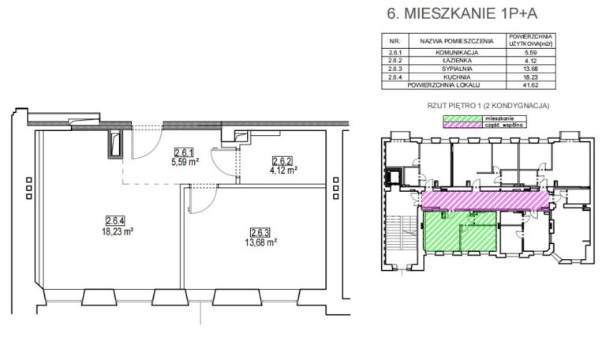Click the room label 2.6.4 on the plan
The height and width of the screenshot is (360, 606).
pyautogui.click(x=114, y=221)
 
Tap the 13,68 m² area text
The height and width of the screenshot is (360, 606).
pyautogui.click(x=261, y=242)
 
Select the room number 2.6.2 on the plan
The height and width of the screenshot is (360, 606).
pyautogui.click(x=282, y=161)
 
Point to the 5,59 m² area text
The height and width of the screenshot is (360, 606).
pyautogui.click(x=185, y=162)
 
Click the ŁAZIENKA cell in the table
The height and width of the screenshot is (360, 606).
pyautogui.click(x=457, y=61)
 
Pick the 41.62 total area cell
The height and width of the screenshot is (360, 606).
pyautogui.click(x=530, y=85)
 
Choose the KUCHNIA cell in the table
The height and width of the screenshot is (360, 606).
pyautogui.click(x=457, y=77)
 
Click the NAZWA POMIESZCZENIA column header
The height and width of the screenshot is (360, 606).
pyautogui.click(x=457, y=41)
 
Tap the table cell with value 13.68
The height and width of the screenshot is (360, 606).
pyautogui.click(x=530, y=69)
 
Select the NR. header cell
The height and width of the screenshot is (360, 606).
pyautogui.click(x=395, y=41)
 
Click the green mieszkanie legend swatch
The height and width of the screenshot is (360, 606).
pyautogui.click(x=462, y=118)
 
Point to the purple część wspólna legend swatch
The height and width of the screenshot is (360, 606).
pyautogui.click(x=462, y=125)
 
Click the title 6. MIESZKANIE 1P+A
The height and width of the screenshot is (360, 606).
pyautogui.click(x=462, y=13)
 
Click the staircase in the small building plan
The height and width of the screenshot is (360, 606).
pyautogui.click(x=401, y=235)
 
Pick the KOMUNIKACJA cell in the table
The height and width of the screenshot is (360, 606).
pyautogui.click(x=457, y=53)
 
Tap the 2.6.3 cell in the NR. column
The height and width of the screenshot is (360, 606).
pyautogui.click(x=395, y=69)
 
